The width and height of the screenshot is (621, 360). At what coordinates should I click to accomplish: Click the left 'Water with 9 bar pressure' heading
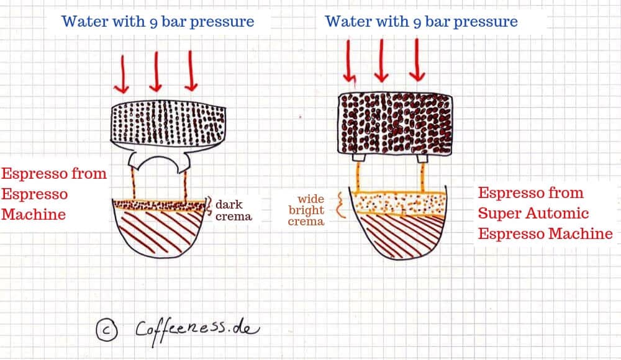(158, 22)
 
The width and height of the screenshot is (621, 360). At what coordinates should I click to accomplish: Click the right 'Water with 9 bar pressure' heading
(421, 22)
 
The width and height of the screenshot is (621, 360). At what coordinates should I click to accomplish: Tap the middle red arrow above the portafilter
(156, 71)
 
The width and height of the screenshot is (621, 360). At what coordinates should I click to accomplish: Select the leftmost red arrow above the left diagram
(122, 74)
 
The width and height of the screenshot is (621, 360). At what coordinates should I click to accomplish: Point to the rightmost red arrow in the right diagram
(417, 60)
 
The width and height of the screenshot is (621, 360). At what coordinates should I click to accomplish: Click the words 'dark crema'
(233, 210)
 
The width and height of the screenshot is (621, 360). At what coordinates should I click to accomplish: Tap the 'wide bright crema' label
(306, 210)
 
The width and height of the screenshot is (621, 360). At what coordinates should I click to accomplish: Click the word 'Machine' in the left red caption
(34, 214)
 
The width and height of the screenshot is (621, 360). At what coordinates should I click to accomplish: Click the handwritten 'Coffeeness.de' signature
(197, 330)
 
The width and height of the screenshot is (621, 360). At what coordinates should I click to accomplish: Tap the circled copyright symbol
(107, 330)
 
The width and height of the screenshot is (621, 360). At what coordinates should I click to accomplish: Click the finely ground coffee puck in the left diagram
(168, 123)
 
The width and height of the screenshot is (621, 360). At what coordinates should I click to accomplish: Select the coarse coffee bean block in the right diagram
(395, 124)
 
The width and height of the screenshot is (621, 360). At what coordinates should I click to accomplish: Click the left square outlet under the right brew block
(358, 158)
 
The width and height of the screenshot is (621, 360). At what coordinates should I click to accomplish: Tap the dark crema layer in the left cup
(159, 205)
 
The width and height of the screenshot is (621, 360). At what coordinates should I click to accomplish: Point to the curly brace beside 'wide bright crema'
(340, 205)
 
